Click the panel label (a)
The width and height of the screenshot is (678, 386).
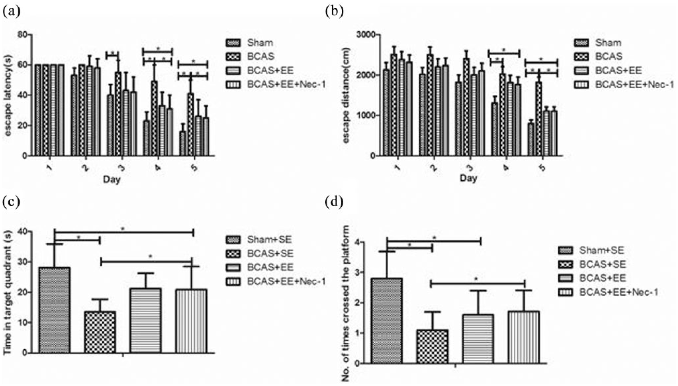(11, 12)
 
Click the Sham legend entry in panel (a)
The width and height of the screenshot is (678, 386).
(260, 43)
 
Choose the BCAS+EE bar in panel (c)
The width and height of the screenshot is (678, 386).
(146, 321)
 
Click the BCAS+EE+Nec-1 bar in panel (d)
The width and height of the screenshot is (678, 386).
(524, 337)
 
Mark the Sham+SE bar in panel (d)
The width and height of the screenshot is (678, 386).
(387, 321)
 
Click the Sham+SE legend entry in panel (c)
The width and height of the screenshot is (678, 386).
(269, 240)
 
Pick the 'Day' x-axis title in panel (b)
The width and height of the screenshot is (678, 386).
(468, 178)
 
